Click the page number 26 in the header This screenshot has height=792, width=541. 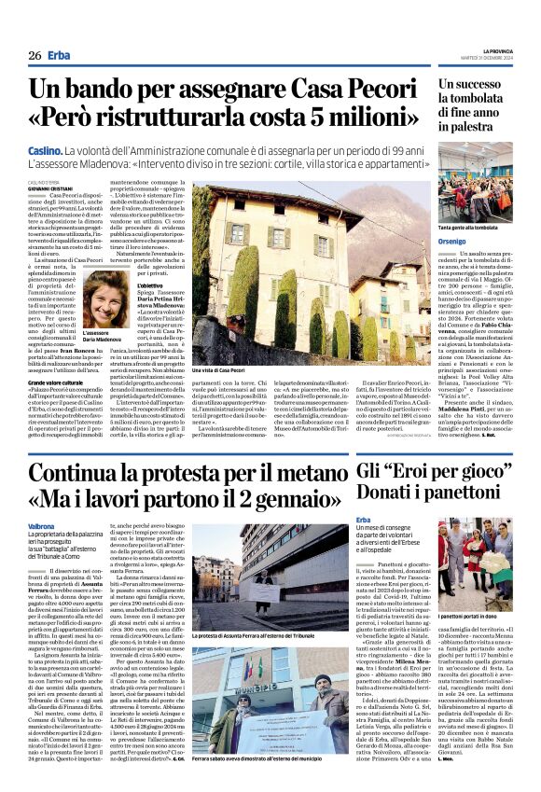(x=35, y=56)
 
